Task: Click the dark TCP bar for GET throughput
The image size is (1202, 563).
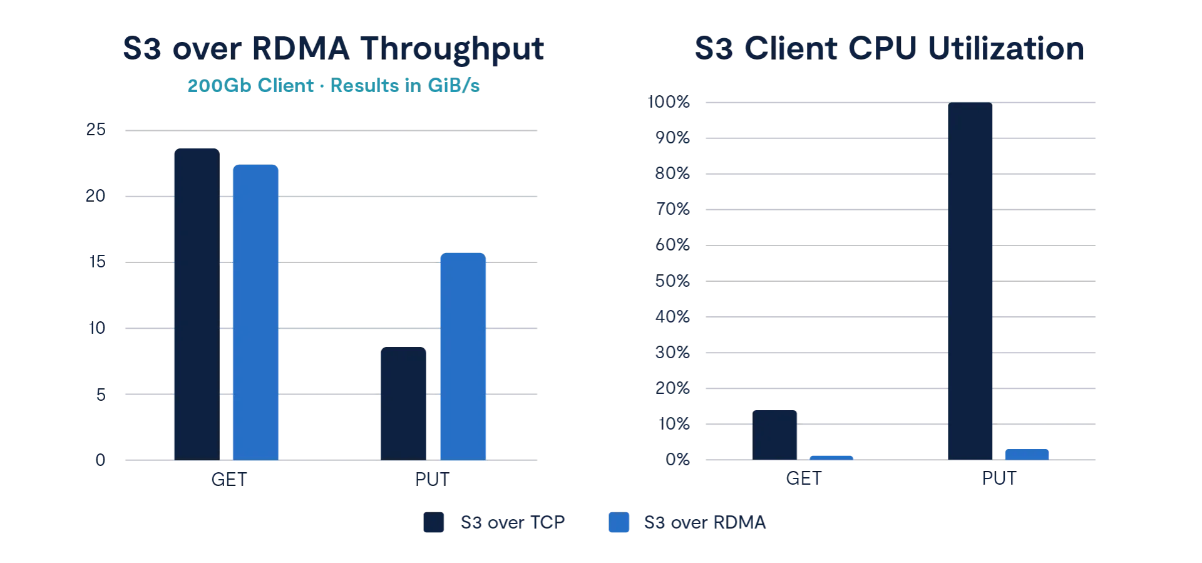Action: pos(196,303)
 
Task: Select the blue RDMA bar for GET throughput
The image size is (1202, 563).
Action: pos(255,311)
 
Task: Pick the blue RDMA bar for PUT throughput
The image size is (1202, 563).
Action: pos(463,355)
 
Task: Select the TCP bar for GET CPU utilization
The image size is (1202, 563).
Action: pos(774,433)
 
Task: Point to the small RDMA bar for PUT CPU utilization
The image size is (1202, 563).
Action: pos(1027,453)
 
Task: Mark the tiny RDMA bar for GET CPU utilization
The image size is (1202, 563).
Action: pos(831,456)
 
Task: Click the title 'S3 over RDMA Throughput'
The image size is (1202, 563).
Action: pos(332,48)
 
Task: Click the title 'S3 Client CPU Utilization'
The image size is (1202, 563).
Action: pos(890,48)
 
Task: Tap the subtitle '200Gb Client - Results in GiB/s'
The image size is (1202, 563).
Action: pos(332,86)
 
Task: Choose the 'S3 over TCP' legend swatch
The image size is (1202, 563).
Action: pos(433,523)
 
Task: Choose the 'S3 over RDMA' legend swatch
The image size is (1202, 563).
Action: pos(619,523)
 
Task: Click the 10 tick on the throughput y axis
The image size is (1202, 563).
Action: pos(97,328)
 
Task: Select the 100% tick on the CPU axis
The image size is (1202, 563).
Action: pos(669,103)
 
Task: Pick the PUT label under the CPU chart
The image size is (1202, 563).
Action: pos(1000,480)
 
